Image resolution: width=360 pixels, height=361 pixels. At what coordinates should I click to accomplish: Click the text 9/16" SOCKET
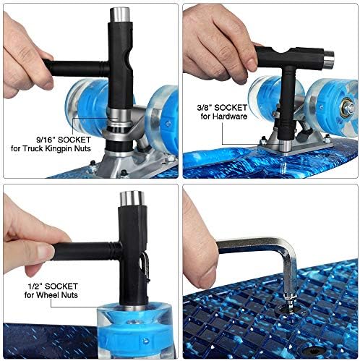64,140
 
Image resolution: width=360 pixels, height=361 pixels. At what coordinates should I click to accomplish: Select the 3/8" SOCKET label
222,108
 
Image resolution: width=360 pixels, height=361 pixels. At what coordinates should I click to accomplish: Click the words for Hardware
224,116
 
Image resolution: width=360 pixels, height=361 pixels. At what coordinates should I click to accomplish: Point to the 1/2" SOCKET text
53,286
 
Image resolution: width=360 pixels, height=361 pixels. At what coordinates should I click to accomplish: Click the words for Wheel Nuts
51,295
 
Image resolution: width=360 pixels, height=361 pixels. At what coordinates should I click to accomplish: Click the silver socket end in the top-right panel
328,59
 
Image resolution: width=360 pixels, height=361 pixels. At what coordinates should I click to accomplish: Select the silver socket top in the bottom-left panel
132,199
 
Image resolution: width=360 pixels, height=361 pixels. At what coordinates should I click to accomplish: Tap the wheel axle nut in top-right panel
348,109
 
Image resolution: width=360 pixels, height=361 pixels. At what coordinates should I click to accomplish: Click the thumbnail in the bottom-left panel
45,252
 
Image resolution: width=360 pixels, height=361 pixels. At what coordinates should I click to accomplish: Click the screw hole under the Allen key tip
289,310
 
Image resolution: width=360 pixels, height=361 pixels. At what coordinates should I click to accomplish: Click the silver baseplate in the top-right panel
296,145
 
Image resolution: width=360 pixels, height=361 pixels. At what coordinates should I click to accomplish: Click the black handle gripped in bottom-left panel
85,251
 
